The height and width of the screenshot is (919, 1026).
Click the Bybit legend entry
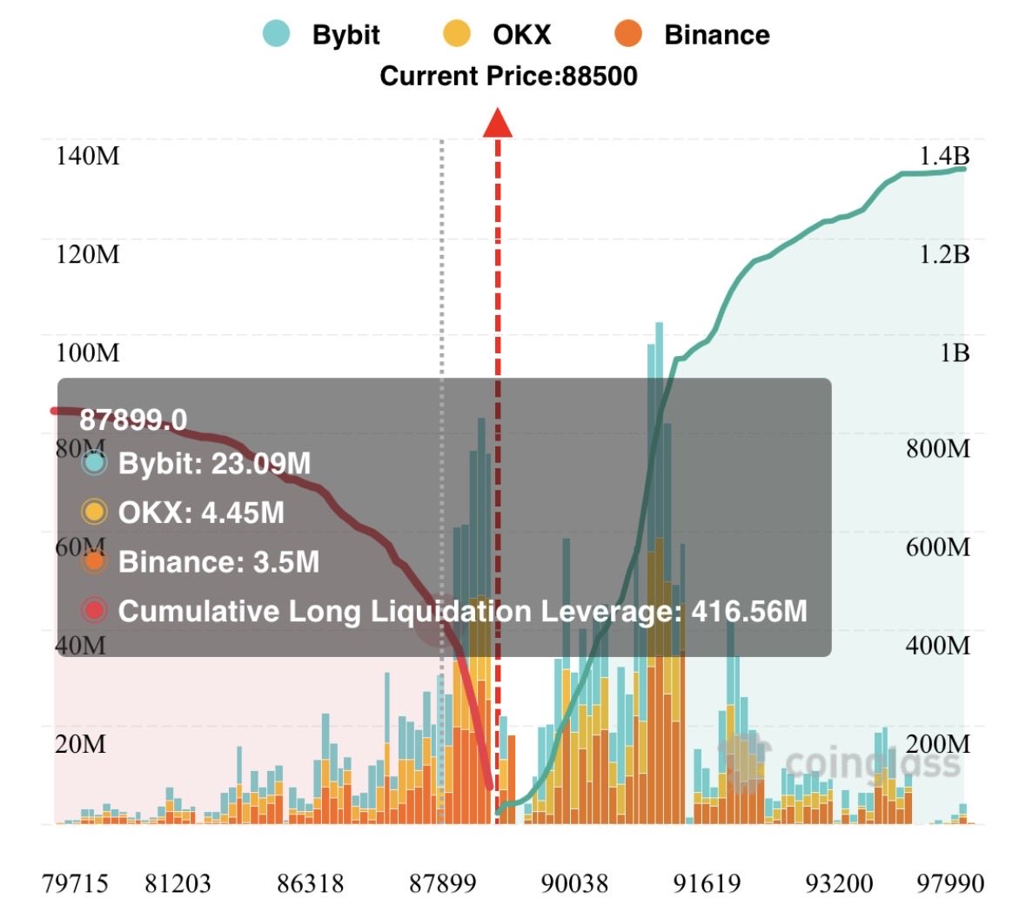[322, 35]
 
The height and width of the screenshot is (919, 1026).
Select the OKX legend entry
[498, 35]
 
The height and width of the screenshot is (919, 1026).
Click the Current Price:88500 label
[508, 77]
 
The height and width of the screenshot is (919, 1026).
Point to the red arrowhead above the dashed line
[498, 123]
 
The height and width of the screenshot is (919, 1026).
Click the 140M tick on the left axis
[88, 157]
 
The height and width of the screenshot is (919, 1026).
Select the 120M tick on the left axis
[88, 255]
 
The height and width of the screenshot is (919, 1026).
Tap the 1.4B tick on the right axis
[944, 157]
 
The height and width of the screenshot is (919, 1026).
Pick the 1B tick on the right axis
[954, 352]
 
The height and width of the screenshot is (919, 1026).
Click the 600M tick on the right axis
[937, 547]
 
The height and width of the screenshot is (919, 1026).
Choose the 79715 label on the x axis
[75, 884]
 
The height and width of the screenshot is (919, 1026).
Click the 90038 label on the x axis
[574, 884]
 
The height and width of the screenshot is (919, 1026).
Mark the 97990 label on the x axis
[950, 884]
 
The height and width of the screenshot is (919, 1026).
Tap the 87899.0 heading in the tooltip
[133, 420]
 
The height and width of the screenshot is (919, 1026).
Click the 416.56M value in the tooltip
[749, 612]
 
